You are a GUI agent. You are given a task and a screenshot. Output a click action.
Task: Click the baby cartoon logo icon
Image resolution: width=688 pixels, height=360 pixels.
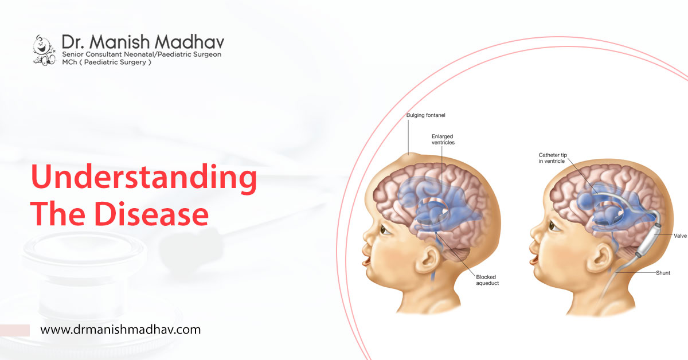click(44, 50)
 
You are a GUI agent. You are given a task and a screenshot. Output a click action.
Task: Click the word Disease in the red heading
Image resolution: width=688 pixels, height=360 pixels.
click(151, 214)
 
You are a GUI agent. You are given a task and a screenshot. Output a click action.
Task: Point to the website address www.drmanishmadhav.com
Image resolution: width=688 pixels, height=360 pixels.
click(120, 330)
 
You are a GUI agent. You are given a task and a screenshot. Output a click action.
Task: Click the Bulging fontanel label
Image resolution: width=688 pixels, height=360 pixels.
click(425, 115)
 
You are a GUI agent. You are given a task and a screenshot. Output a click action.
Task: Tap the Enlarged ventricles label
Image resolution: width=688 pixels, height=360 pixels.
click(443, 139)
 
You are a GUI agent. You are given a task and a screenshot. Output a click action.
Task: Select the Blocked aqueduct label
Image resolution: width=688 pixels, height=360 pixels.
click(487, 280)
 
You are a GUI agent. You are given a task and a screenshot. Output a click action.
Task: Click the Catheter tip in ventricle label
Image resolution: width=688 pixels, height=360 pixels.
click(553, 158)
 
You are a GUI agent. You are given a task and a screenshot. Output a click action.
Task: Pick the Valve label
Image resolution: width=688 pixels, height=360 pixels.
click(680, 236)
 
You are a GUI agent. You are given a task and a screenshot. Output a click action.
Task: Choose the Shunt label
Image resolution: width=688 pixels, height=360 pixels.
click(663, 273)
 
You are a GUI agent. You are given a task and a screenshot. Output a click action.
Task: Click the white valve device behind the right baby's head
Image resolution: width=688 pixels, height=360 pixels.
click(648, 240)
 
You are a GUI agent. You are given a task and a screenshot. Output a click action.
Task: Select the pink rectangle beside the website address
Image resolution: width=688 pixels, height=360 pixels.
click(15, 330)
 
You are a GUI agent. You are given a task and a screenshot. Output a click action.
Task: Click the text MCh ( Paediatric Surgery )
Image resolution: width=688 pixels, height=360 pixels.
click(107, 62)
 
